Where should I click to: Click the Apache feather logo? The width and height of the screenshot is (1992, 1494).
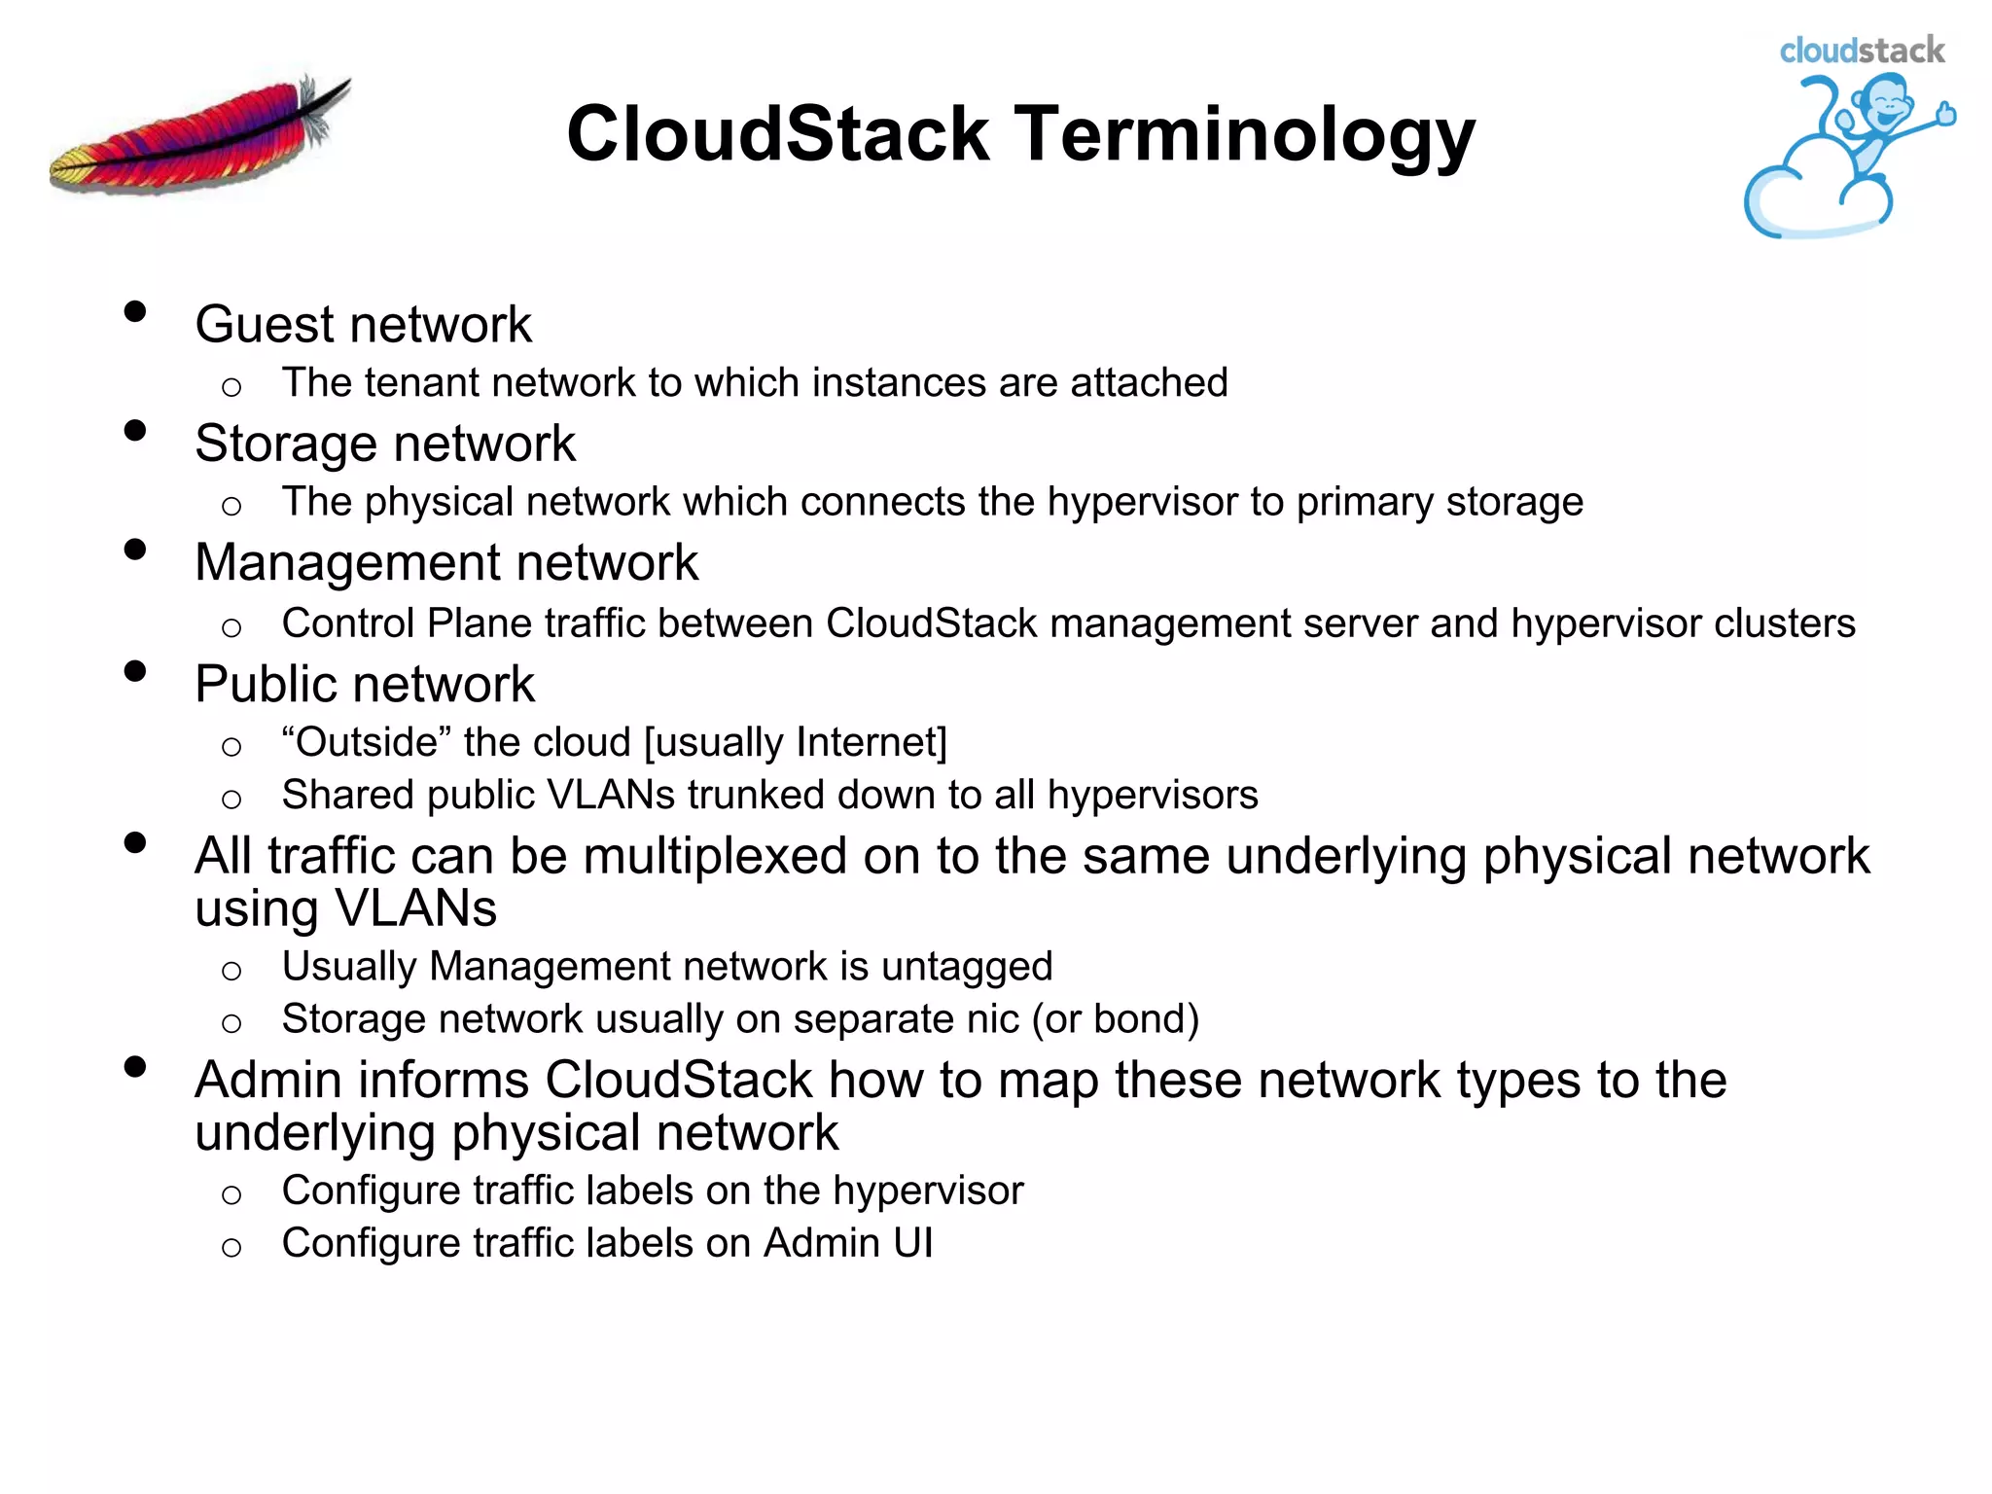(199, 136)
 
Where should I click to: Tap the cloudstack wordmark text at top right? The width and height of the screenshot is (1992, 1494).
(1862, 51)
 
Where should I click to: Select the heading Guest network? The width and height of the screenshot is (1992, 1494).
(363, 324)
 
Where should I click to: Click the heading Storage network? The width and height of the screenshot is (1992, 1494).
(385, 444)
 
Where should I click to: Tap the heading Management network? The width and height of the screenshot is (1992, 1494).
(446, 562)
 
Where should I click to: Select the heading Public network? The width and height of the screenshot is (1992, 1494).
(365, 684)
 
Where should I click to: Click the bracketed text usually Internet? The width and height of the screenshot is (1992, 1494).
(796, 742)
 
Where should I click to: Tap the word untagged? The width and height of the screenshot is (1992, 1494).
(967, 967)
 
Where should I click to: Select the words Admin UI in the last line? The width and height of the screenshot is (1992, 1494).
(848, 1243)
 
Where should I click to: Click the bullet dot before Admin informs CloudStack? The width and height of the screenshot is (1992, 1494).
(135, 1067)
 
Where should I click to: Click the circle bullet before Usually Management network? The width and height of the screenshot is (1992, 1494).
(231, 971)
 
